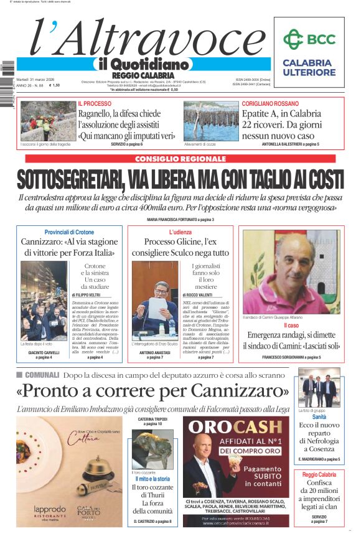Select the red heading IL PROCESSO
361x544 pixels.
(x=95, y=103)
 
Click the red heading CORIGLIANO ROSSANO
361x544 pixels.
(x=270, y=103)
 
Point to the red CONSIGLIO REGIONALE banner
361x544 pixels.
(x=180, y=159)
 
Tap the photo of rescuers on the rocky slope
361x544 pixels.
(x=48, y=121)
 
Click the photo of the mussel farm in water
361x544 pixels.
(x=211, y=121)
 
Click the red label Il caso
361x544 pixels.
(x=291, y=326)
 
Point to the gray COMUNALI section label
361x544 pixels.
(x=42, y=375)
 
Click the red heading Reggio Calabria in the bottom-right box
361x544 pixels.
(x=319, y=474)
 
